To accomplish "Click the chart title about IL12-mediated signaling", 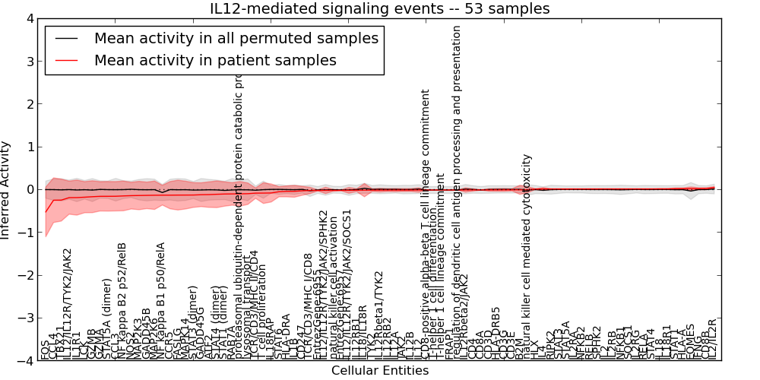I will [x=380, y=8].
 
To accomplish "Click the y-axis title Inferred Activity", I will [x=6, y=189].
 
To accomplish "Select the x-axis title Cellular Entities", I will [x=380, y=371].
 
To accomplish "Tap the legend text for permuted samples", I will [x=236, y=38].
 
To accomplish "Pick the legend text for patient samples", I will [x=215, y=60].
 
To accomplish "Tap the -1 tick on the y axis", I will [x=28, y=233].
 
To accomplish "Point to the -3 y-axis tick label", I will [x=28, y=318].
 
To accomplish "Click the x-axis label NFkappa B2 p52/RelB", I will [x=122, y=300].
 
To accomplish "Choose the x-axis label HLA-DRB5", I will [x=496, y=332].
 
